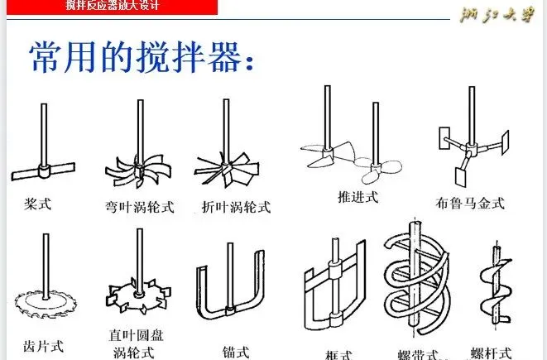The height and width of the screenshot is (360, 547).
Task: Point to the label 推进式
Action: [x=357, y=196]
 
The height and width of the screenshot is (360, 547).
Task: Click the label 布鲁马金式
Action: [x=469, y=203]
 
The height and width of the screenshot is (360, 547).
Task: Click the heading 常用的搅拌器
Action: [x=141, y=58]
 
